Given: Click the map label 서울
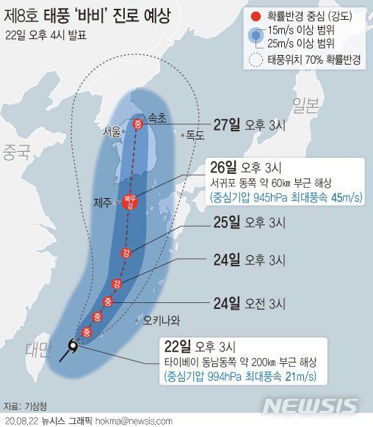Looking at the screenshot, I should tap(112, 132).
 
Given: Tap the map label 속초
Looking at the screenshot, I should tap(157, 117).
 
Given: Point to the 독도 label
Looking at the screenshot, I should tap(195, 136).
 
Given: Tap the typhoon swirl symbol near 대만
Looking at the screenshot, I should tap(73, 347).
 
